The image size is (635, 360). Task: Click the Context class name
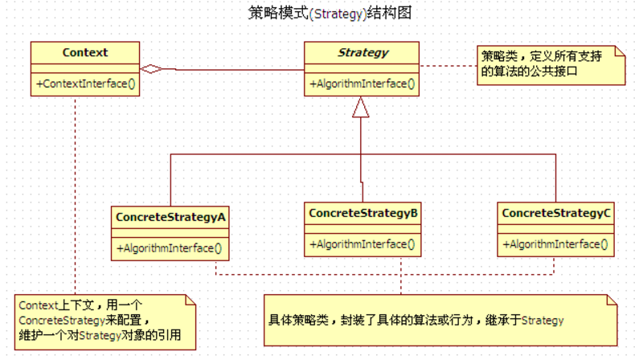tap(84, 54)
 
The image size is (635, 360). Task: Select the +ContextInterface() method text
tap(85, 84)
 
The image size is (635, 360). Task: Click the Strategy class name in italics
tap(363, 54)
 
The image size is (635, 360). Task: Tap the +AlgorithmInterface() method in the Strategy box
tap(362, 84)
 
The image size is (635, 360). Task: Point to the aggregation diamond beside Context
tap(150, 69)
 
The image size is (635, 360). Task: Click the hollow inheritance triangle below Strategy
tap(361, 108)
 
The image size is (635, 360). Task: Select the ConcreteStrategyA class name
tap(170, 217)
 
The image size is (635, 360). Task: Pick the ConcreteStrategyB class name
tap(363, 214)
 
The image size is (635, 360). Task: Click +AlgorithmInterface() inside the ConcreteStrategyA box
tap(170, 247)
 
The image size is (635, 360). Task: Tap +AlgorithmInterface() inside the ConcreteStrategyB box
tap(362, 243)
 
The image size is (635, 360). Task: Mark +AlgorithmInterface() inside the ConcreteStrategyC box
tap(555, 243)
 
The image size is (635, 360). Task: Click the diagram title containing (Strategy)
tap(330, 14)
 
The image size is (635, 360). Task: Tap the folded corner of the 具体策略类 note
tap(612, 301)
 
